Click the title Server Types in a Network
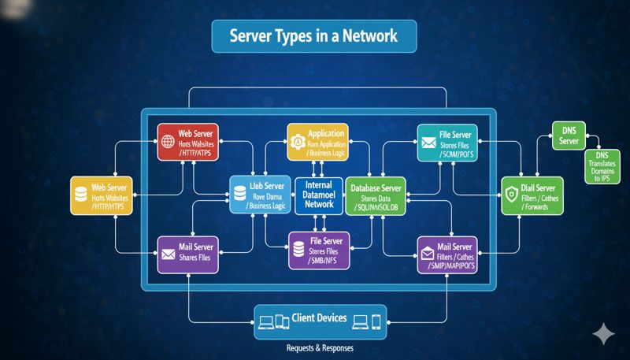313,35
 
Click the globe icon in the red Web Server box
168,143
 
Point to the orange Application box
317,143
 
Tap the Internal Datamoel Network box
318,194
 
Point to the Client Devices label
319,318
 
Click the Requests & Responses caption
319,347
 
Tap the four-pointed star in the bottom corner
604,333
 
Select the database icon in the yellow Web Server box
80,195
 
